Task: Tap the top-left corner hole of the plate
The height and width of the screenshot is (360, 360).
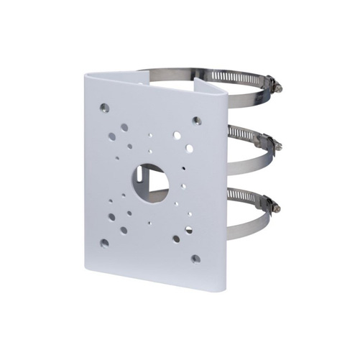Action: coord(104,109)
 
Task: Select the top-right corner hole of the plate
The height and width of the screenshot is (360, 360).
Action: coord(196,121)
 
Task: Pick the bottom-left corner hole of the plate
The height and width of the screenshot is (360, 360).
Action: coord(105,243)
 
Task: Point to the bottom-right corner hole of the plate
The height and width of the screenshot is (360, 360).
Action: coord(194,258)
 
